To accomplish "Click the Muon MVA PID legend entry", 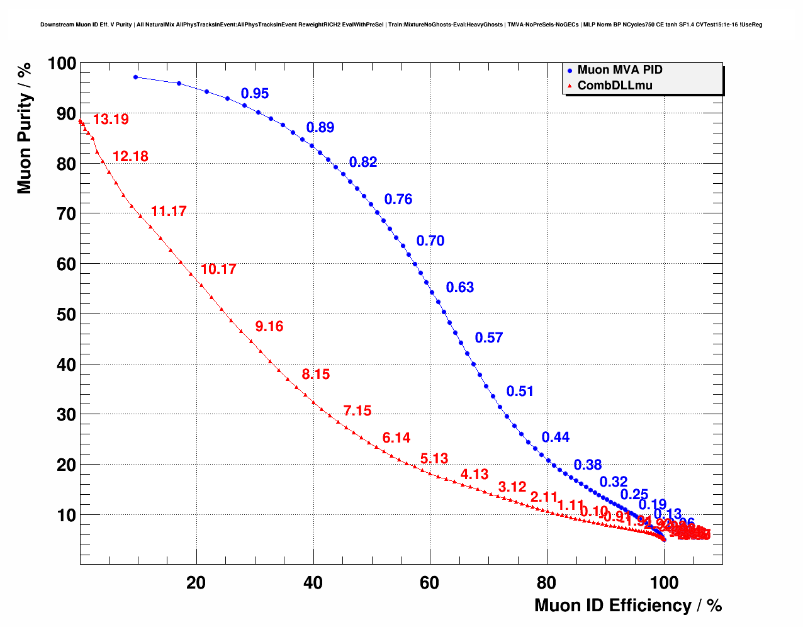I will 619,70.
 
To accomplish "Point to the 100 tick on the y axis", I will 62,64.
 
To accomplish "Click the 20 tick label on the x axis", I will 196,583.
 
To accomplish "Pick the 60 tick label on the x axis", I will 430,583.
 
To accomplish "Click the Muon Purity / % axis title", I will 25,128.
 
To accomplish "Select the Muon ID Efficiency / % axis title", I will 627,606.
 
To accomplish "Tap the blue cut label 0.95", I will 255,94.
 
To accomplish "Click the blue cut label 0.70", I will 430,241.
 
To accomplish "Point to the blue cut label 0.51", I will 520,392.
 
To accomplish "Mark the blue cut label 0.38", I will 588,465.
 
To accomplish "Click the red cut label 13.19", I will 111,120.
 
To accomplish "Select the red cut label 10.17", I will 218,269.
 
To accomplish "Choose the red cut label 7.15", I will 357,411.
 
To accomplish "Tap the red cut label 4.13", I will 474,475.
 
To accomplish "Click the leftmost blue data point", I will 135,77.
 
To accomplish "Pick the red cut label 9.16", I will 269,327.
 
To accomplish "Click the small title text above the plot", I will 401,25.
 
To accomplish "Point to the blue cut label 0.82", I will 363,162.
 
